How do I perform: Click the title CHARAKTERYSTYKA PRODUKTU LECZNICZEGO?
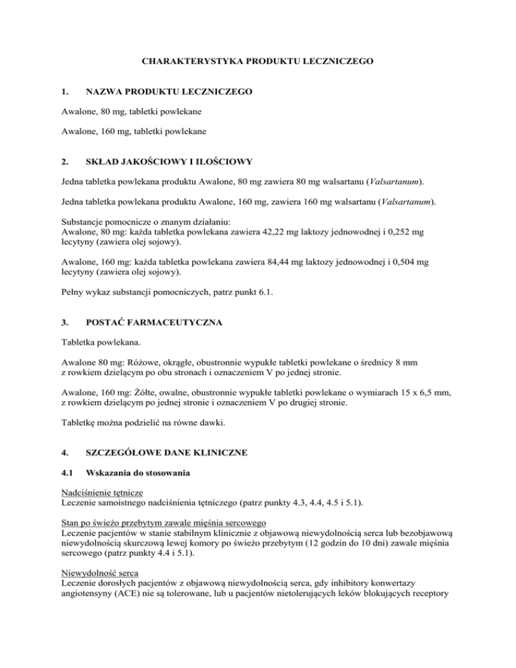tap(257, 60)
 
